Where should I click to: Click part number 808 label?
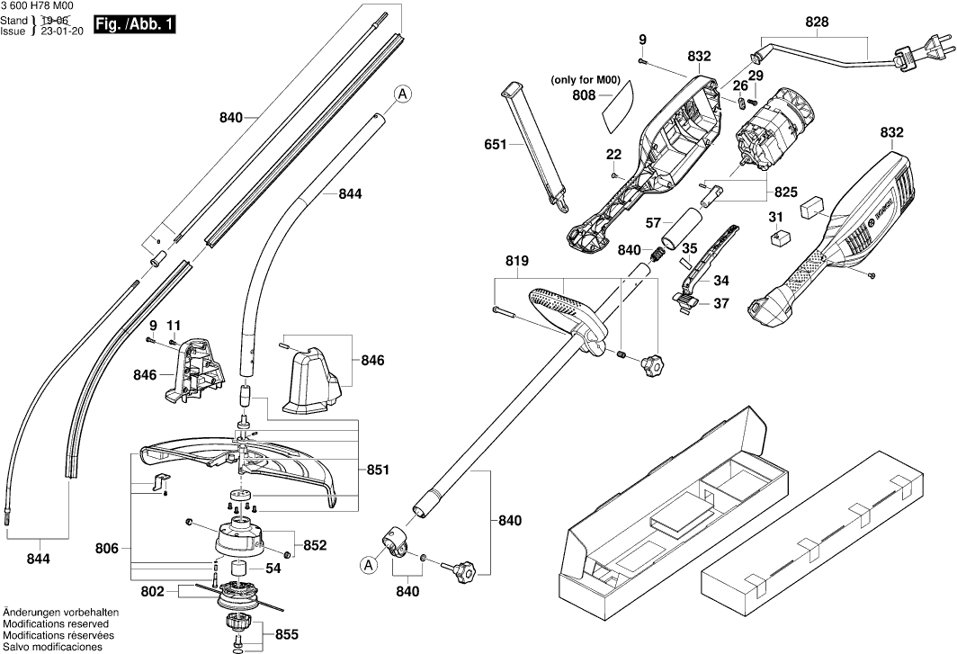[x=585, y=94]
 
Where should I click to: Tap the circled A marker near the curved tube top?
[x=403, y=93]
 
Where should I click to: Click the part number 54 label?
[x=273, y=569]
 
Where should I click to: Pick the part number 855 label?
[x=286, y=634]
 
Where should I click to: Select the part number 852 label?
[x=315, y=545]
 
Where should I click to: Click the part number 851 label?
[x=379, y=470]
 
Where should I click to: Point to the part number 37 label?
[x=722, y=303]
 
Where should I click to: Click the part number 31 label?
[x=776, y=216]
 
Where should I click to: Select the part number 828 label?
[x=817, y=21]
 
